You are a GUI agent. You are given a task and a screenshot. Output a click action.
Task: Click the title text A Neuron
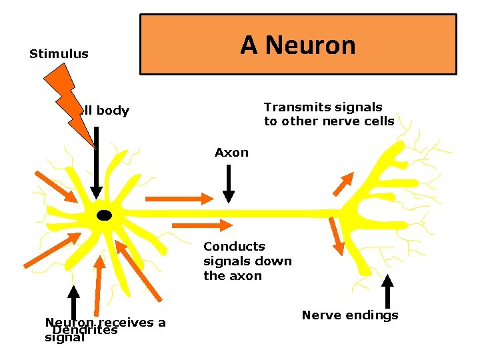click(x=298, y=45)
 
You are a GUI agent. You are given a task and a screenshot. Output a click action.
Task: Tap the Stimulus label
click(x=59, y=54)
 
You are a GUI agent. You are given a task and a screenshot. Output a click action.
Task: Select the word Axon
click(x=231, y=153)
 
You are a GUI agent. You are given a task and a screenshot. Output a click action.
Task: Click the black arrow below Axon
click(x=229, y=183)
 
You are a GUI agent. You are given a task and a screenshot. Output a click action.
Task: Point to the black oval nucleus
click(x=104, y=215)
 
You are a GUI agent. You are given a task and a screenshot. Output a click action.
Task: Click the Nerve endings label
click(x=350, y=315)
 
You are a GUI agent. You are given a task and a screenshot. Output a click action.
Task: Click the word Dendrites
click(x=85, y=331)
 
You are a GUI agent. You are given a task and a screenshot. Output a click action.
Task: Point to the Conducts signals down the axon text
click(x=247, y=261)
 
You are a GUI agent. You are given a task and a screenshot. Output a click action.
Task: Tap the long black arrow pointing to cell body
click(x=97, y=170)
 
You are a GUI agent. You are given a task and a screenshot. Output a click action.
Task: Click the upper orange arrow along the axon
click(x=177, y=198)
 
